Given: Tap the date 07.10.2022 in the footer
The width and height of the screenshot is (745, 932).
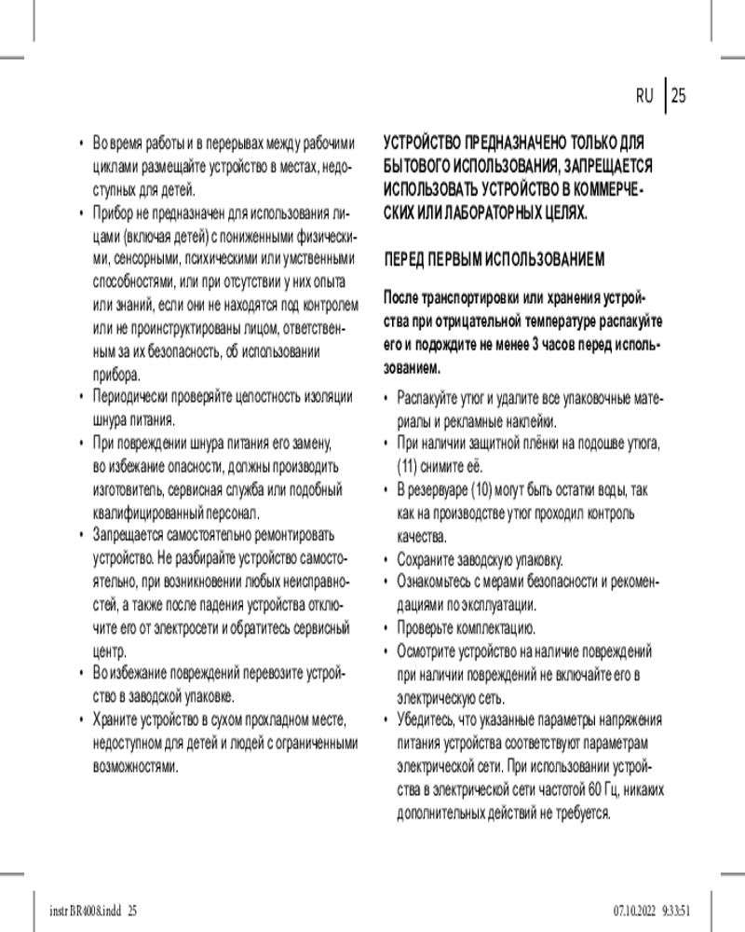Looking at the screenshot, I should click(x=635, y=910).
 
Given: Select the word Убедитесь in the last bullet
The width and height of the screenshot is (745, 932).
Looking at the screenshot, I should click(x=427, y=720).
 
